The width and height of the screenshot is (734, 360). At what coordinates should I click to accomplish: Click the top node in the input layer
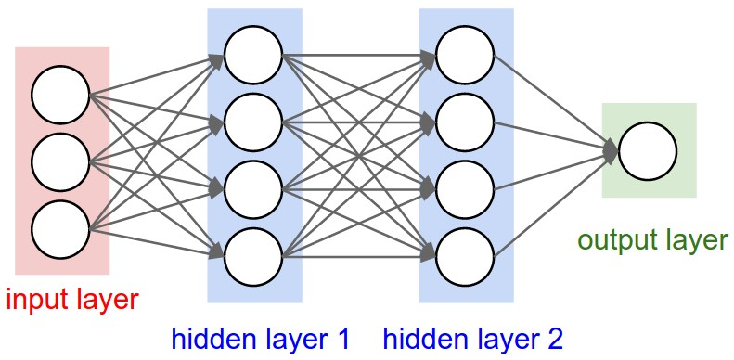59,96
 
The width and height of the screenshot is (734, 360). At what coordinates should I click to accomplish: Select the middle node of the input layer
59,161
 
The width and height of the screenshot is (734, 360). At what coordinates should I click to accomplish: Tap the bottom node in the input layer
59,227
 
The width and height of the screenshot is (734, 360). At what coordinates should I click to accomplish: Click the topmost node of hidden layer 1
252,55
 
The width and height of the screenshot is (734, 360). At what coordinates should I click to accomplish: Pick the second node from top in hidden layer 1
252,121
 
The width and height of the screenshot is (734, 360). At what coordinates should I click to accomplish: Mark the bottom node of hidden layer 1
252,253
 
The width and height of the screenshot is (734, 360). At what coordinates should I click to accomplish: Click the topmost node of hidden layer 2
464,55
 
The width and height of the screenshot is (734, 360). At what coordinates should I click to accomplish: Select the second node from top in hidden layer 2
464,121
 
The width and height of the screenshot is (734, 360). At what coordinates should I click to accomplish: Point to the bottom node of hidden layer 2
464,253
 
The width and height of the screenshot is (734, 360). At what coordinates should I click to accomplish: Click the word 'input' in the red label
37,300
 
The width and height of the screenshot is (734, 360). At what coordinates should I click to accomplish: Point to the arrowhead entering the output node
611,150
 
